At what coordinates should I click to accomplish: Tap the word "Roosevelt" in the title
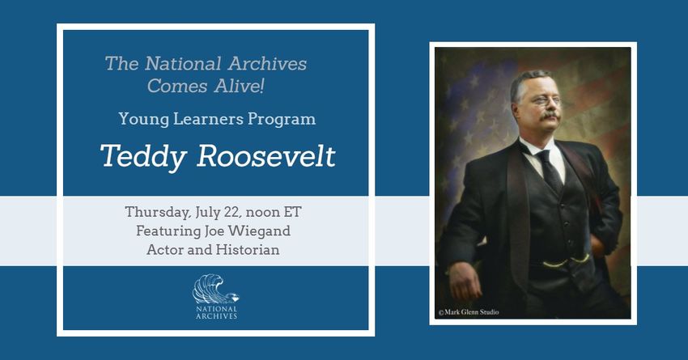pos(266,155)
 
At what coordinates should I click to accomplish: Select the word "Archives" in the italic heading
pos(267,64)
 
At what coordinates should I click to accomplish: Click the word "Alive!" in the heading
pos(239,86)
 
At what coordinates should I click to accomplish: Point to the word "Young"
pos(143,119)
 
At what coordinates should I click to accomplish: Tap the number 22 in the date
pos(232,212)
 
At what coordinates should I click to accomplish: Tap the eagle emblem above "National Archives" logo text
pos(216,289)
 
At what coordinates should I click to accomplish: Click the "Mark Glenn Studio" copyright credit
pos(469,312)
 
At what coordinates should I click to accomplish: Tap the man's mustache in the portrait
pos(550,116)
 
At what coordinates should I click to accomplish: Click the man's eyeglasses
pos(546,101)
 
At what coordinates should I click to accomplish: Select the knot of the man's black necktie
pos(544,156)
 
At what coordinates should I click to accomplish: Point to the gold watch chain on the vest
pos(566,262)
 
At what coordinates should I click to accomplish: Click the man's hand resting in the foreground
pos(465,281)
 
